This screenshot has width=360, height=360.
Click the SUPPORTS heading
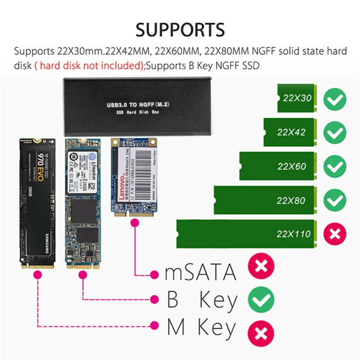[180, 30]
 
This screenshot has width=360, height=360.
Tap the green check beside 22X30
[335, 99]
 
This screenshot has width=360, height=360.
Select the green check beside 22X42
[335, 133]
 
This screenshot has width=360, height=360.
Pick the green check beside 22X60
[335, 167]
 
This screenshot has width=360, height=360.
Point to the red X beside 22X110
[335, 234]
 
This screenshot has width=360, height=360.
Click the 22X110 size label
[294, 234]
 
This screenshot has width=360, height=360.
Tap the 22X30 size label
[297, 99]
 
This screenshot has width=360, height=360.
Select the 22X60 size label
[292, 167]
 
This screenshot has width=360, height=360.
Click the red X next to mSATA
[261, 267]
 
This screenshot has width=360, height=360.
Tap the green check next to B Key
[261, 300]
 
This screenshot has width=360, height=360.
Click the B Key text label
[202, 300]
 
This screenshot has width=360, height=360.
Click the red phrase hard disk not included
[90, 65]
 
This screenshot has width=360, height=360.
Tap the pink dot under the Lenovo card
[134, 224]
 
